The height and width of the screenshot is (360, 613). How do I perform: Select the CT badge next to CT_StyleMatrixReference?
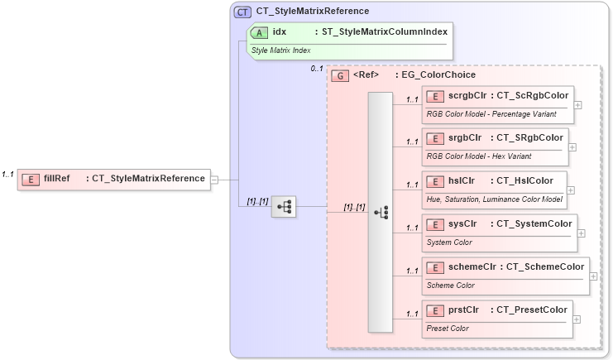pos(243,12)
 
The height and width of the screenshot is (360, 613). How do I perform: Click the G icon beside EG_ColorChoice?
pos(339,75)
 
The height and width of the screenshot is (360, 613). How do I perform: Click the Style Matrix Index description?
pos(281,50)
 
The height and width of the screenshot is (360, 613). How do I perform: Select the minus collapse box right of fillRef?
pos(215,178)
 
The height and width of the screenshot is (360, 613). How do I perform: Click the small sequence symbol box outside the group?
pos(285,207)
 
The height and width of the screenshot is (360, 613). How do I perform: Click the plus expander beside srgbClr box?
pos(572,146)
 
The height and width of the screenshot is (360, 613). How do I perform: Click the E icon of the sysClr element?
pos(433,223)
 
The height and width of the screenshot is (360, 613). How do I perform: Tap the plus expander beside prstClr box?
pos(577,319)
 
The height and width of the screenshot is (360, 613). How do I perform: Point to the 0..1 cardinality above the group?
pos(317,68)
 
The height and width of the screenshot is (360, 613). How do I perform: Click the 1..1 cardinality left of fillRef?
pos(8,174)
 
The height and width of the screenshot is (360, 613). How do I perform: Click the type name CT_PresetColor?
pos(531,310)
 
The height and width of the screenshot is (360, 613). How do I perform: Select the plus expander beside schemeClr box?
pos(592,276)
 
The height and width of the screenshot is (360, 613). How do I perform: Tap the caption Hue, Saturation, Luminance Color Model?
pos(494,199)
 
